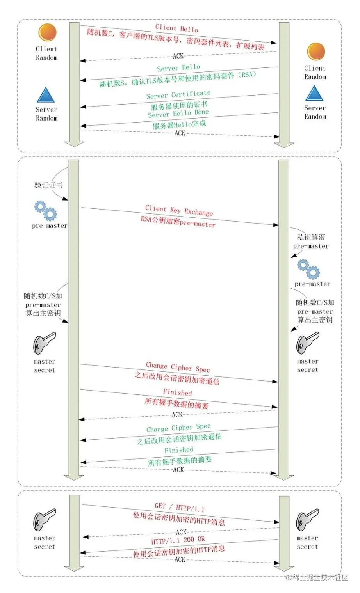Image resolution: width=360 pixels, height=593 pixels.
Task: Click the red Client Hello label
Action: [176, 28]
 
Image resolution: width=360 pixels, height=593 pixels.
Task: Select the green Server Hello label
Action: [178, 68]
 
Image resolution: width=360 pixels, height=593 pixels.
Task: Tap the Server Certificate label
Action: [178, 94]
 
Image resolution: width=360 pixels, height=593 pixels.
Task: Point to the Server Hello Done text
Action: [178, 114]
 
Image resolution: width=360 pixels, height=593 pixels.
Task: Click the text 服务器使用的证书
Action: [179, 105]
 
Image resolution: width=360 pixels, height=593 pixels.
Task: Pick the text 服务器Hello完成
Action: [179, 124]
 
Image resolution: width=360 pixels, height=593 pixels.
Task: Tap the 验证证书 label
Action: [48, 185]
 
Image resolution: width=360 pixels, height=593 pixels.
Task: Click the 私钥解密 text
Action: [311, 237]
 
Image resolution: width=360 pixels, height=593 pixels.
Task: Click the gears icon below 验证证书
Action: [46, 211]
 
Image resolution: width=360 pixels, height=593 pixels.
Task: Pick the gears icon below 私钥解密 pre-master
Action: [308, 269]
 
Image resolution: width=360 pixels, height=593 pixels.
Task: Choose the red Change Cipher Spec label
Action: [178, 367]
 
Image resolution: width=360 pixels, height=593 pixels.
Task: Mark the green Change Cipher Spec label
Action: [178, 428]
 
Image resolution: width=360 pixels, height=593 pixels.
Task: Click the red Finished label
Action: [177, 392]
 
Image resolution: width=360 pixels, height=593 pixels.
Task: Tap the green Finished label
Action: [178, 450]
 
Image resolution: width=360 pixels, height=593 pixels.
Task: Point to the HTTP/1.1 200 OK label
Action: [178, 540]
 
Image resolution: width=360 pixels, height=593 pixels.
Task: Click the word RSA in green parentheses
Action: [247, 74]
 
